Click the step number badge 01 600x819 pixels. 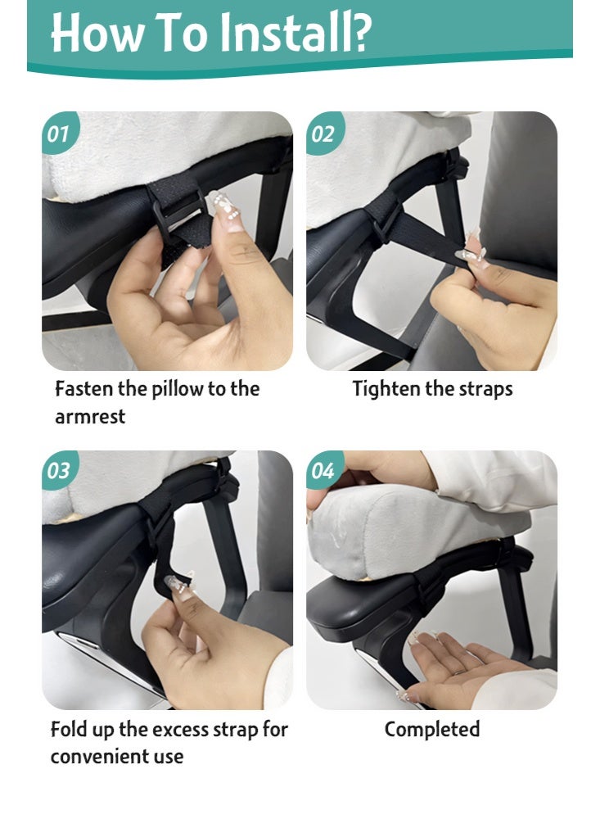(x=59, y=133)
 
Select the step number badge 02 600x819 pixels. (x=324, y=133)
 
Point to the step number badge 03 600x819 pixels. (x=59, y=471)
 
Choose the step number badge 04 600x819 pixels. (x=324, y=471)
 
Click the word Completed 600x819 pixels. (x=432, y=730)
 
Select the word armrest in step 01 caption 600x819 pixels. (x=90, y=417)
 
